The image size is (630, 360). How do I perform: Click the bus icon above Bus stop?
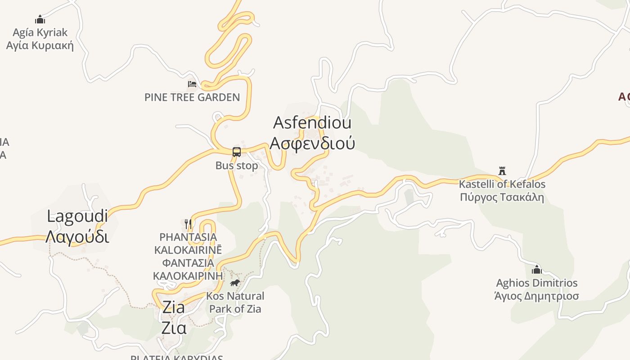(237, 152)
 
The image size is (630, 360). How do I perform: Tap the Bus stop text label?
(237, 166)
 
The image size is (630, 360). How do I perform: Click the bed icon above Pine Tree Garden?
(192, 84)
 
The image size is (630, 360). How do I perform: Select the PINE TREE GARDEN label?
(192, 97)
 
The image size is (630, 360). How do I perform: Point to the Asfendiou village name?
(312, 122)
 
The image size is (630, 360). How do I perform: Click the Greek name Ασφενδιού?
(312, 143)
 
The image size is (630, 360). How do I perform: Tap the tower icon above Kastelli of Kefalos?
(502, 171)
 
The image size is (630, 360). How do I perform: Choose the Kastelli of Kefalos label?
(502, 184)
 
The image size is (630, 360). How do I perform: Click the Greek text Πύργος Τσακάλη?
(502, 197)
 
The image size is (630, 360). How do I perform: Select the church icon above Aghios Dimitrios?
(536, 270)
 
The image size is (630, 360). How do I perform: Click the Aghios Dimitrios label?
(536, 283)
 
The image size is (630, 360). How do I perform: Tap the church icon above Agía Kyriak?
(40, 19)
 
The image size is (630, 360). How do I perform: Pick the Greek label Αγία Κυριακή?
(40, 45)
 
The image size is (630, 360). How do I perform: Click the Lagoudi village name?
(77, 216)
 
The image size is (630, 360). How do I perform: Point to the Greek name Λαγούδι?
(77, 236)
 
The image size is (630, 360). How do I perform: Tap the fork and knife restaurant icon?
(188, 224)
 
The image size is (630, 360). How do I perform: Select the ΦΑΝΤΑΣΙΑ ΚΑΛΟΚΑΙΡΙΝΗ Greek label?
(188, 269)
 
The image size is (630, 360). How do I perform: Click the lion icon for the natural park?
(235, 283)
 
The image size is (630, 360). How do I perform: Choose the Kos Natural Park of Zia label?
(235, 302)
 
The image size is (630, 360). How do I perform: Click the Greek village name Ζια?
(174, 328)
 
